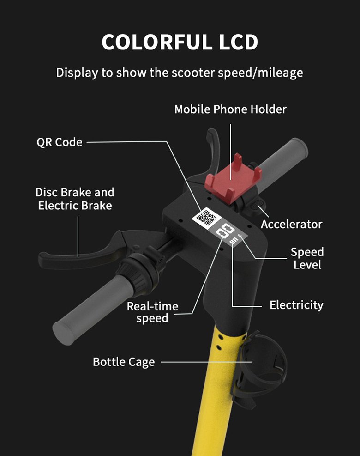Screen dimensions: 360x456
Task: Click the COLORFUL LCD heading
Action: pos(180,42)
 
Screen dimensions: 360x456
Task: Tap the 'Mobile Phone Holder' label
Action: pos(230,109)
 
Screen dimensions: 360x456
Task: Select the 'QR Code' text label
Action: pos(59,142)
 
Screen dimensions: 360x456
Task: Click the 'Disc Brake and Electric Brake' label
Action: pos(75,199)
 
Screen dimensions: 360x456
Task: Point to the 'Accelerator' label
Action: pos(291,224)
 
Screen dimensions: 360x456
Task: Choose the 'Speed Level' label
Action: pos(307,258)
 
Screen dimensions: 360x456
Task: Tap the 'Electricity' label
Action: pos(296,305)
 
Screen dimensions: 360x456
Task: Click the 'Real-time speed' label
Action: pos(152,312)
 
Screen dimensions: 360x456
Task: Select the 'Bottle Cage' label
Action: pos(124,362)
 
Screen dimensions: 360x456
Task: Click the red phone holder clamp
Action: pos(233,178)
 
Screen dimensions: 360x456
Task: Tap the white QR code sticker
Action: pos(207,217)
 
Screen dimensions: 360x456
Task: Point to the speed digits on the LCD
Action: pos(225,232)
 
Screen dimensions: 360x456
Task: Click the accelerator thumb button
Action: pos(257,205)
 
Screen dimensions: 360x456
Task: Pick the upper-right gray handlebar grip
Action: pos(283,161)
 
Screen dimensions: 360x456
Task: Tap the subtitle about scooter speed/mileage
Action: pos(180,73)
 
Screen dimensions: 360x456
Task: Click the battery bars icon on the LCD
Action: pos(234,241)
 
